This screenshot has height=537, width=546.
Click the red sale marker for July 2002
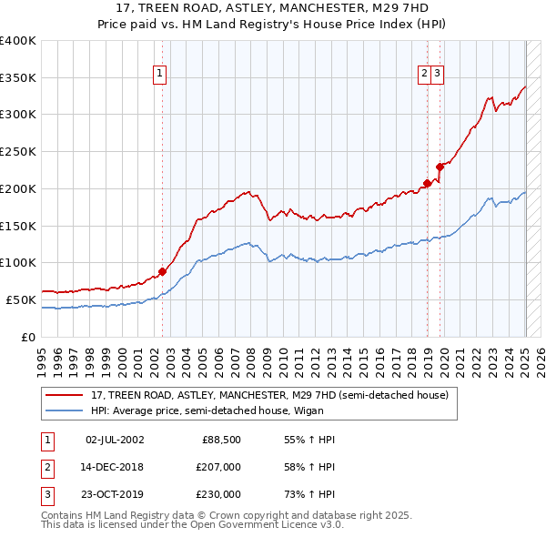coord(163,270)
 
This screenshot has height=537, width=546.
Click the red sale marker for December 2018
coord(427,183)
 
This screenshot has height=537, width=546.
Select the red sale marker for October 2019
coord(440,167)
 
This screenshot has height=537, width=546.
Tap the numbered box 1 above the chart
coord(160,74)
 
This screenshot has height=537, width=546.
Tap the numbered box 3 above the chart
coord(438,74)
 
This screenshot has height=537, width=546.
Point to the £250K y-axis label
coord(18,152)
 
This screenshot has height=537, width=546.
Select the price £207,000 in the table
coord(217,468)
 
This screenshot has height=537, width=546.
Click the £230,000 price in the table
coord(217,494)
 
